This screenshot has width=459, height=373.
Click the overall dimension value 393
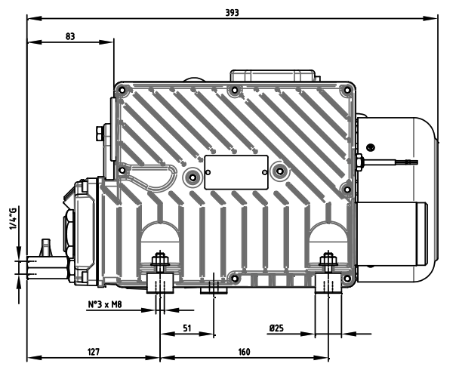238,11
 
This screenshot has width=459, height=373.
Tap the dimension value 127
92,351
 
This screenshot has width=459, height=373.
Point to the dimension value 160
244,351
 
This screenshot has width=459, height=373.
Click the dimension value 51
186,328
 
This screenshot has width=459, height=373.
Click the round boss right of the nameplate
279,171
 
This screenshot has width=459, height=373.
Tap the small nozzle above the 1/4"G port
45,245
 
